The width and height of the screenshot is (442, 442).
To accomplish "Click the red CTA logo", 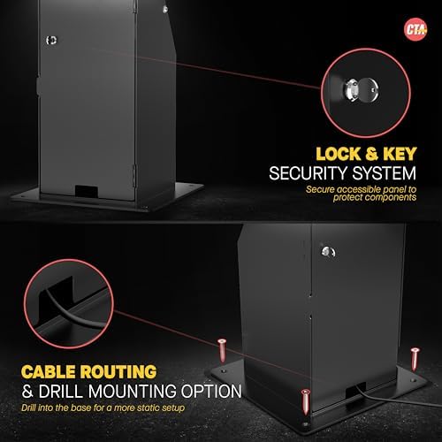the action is (x=415, y=29).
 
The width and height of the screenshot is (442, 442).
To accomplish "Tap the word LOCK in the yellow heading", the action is (x=339, y=154).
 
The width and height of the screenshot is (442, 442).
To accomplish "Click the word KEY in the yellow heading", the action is (x=400, y=154).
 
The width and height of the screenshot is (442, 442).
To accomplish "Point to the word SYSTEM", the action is (x=385, y=173).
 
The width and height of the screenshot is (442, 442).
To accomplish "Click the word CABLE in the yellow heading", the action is (x=50, y=372).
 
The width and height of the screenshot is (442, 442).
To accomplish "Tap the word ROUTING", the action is (x=118, y=372).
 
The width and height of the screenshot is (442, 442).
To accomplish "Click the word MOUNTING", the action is (x=133, y=392).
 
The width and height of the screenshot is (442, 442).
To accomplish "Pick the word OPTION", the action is (x=211, y=392).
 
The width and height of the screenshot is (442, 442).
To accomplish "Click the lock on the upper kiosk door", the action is (x=51, y=41).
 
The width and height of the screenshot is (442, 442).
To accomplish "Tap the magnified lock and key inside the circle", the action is (x=361, y=89).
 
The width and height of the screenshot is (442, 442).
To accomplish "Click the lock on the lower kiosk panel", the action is (x=328, y=252).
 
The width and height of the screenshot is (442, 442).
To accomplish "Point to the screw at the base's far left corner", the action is (x=222, y=350).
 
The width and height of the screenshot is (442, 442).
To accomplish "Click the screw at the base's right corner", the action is (x=415, y=359).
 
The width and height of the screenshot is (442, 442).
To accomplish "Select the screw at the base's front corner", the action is (x=306, y=402).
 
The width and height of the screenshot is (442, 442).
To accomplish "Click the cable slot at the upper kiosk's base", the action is (x=87, y=191).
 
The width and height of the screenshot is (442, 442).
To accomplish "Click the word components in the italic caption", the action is (x=375, y=197).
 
